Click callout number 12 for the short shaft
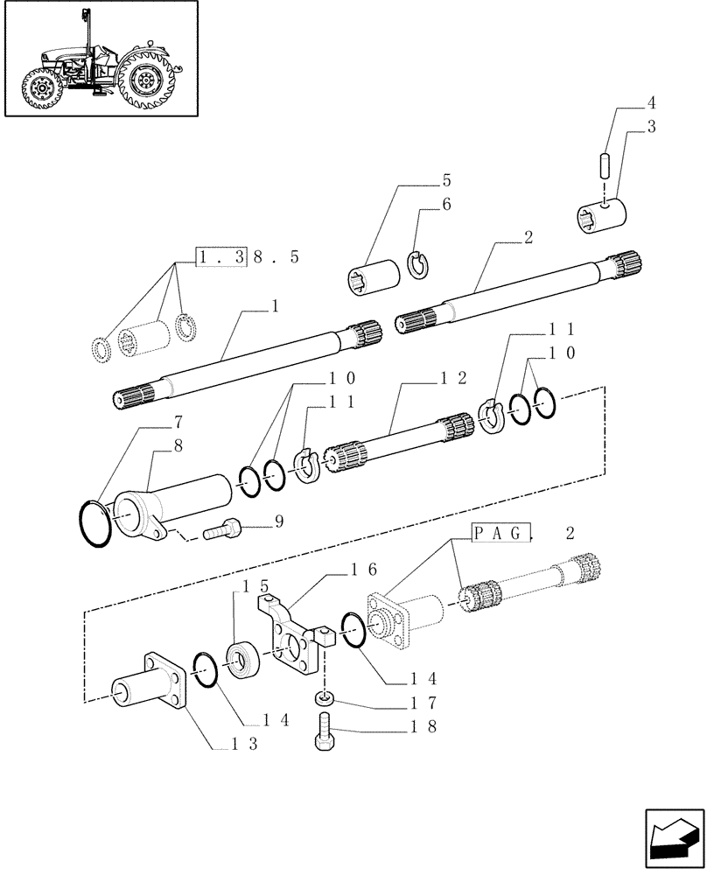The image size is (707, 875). pyautogui.click(x=454, y=379)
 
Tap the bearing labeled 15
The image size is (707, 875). pyautogui.click(x=242, y=658)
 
